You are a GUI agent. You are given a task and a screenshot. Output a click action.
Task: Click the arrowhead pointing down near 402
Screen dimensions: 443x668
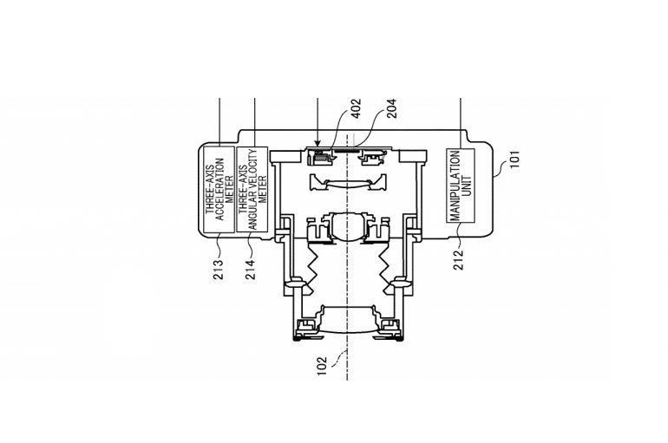coord(318,143)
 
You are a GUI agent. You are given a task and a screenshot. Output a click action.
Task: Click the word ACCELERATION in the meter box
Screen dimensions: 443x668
coord(219,187)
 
